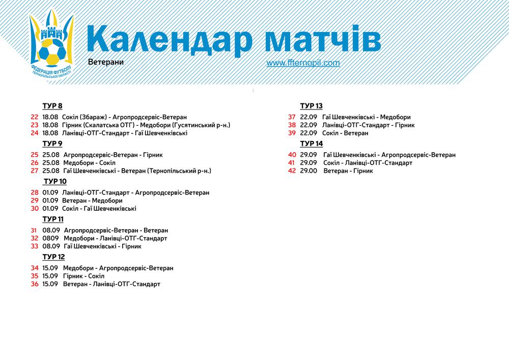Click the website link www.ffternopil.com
tap(303, 63)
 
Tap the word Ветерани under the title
tap(106, 62)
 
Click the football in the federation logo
tap(52, 51)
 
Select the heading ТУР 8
tap(52, 106)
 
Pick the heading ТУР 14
tap(312, 144)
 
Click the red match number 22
tap(35, 117)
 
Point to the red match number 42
tap(292, 171)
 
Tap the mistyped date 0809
tap(50, 238)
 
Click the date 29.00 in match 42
tap(308, 171)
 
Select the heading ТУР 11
tap(53, 219)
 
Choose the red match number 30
tap(35, 208)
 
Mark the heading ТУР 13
tap(312, 106)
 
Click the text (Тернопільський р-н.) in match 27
tap(179, 171)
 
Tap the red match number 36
tap(35, 284)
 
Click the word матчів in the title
tap(323, 38)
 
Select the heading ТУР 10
tap(55, 181)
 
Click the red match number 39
tap(292, 133)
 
